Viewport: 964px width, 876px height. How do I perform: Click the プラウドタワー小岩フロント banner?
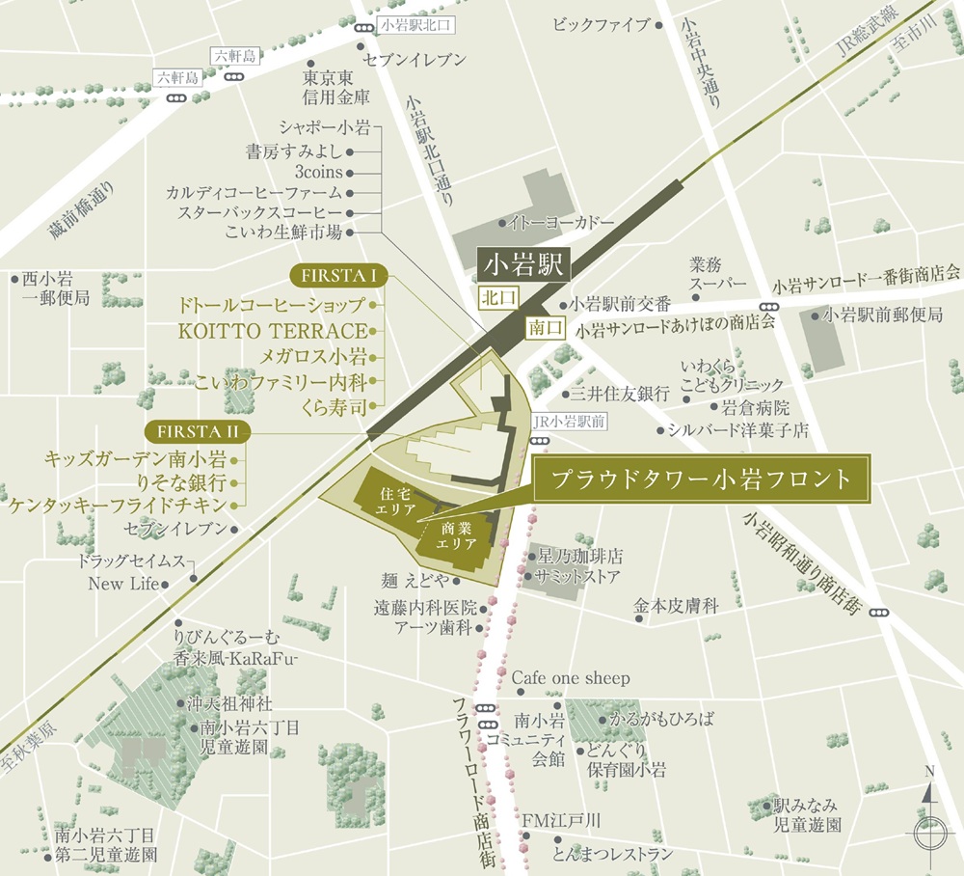pos(701,479)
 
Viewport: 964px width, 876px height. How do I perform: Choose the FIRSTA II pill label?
pos(194,430)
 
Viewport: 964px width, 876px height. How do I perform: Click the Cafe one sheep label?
pos(570,678)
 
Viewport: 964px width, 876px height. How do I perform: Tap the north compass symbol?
pos(928,819)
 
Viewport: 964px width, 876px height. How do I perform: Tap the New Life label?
pos(122,584)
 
